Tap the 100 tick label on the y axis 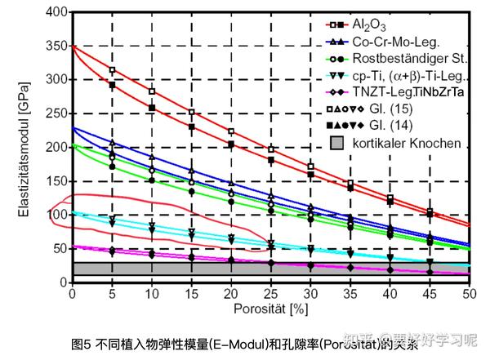coord(56,215)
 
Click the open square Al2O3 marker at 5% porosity coord(112,70)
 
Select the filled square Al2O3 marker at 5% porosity coord(112,85)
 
